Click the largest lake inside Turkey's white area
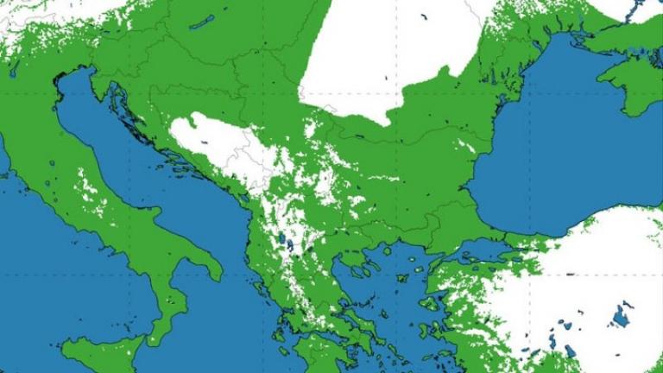[620, 317]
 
